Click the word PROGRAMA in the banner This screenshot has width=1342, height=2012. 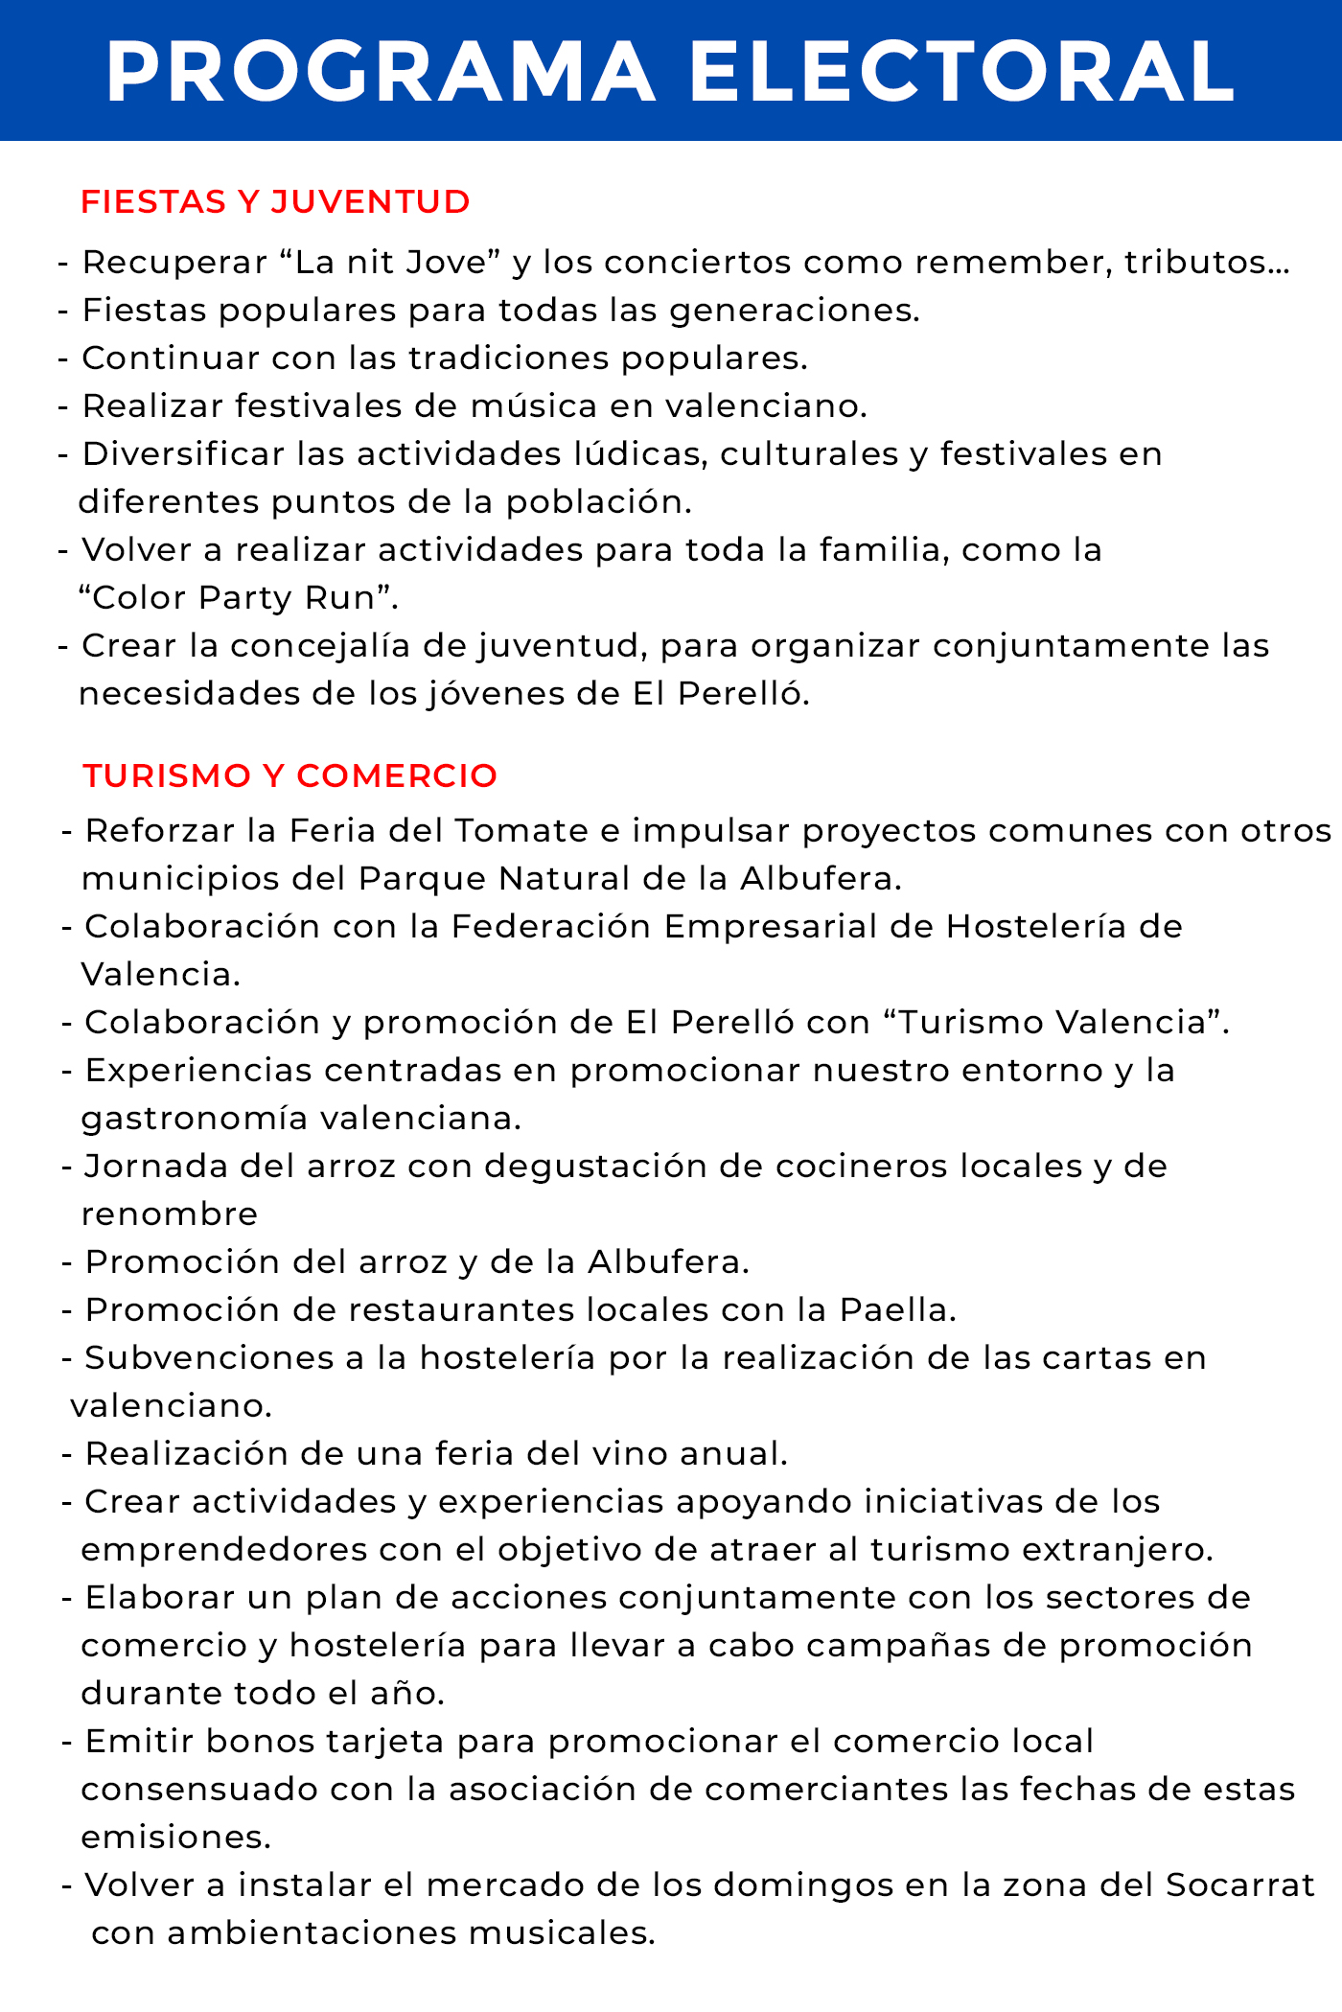point(381,72)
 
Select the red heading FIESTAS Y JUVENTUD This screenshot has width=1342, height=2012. point(276,202)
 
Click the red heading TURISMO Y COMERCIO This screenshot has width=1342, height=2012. point(290,775)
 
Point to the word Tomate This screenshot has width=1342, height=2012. point(521,830)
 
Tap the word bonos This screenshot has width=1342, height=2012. point(261,1741)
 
